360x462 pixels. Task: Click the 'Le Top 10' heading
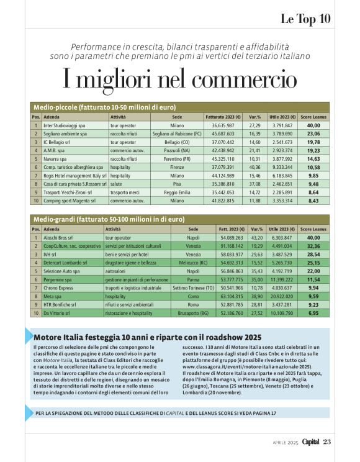[305, 18]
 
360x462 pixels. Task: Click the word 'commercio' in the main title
[232, 80]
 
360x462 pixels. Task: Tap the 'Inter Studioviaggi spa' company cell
[65, 125]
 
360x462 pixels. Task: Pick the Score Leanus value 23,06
[313, 134]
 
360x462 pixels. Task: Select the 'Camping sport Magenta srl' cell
[69, 201]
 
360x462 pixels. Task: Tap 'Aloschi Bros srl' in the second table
[58, 238]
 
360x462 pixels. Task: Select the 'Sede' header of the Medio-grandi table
[193, 229]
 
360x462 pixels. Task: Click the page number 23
[328, 442]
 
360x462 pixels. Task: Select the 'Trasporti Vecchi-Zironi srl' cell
[70, 192]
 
